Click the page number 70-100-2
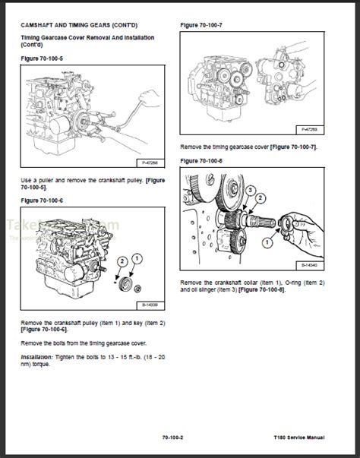pyautogui.click(x=181, y=437)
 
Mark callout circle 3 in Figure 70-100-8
pyautogui.click(x=260, y=196)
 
